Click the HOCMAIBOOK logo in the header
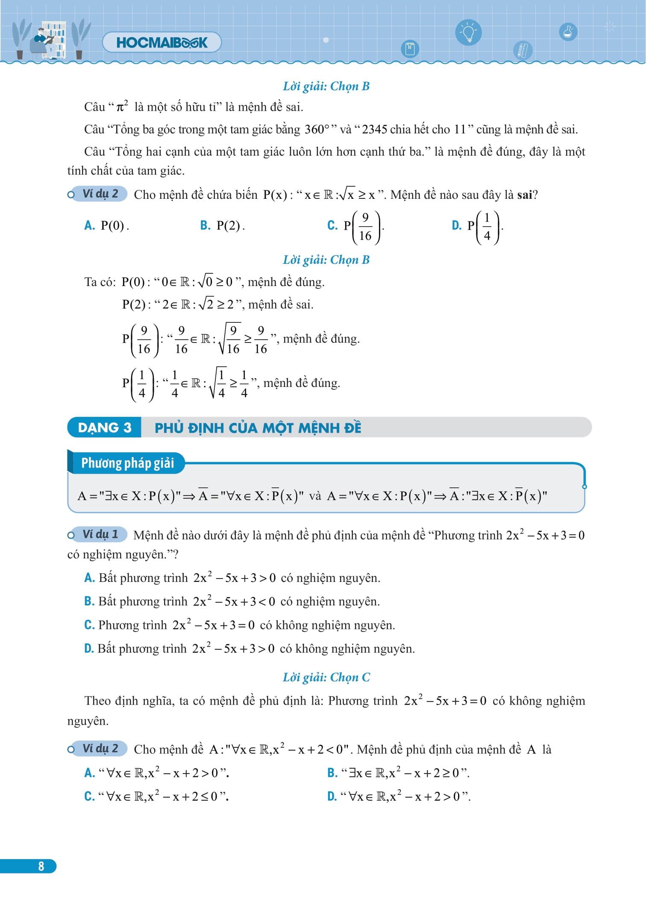pyautogui.click(x=161, y=42)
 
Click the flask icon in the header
pyautogui.click(x=568, y=32)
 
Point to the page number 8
pyautogui.click(x=41, y=866)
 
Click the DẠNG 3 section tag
pyautogui.click(x=104, y=428)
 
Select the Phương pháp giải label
pyautogui.click(x=127, y=463)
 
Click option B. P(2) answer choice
pyautogui.click(x=223, y=225)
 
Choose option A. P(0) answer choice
pyautogui.click(x=107, y=225)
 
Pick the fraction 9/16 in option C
pyautogui.click(x=365, y=227)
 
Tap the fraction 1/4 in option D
pyautogui.click(x=487, y=227)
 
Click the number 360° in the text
pyautogui.click(x=319, y=129)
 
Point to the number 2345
pyautogui.click(x=374, y=129)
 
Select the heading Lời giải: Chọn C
pyautogui.click(x=326, y=677)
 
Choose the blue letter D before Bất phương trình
pyautogui.click(x=89, y=649)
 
